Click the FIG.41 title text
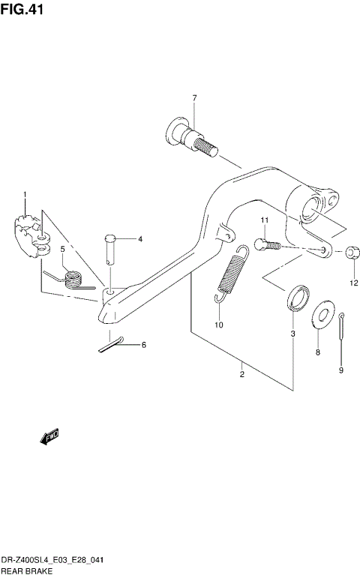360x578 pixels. [x=22, y=10]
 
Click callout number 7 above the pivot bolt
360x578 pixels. [x=193, y=98]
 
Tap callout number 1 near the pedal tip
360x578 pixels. [x=25, y=196]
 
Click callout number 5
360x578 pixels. [x=63, y=248]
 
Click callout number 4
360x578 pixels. [x=139, y=239]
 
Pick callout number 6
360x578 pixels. [x=144, y=345]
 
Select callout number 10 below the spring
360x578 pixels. [x=219, y=325]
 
